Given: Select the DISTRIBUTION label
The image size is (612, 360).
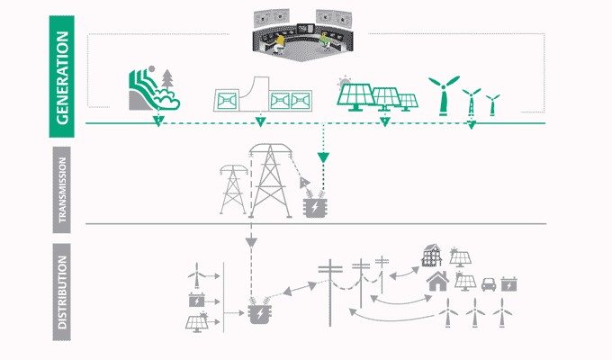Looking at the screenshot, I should tap(60, 296).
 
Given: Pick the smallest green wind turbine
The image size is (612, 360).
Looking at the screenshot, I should tap(491, 104).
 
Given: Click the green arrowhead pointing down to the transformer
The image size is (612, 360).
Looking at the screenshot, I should tap(323, 158).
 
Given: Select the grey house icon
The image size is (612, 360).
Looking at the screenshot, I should tap(439, 282).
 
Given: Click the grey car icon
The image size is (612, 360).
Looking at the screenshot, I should tap(489, 284).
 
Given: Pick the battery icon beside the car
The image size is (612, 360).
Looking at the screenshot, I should tap(509, 285).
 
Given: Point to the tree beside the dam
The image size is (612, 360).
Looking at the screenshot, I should tap(167, 90).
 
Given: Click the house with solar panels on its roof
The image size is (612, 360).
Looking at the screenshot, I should tap(433, 256).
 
